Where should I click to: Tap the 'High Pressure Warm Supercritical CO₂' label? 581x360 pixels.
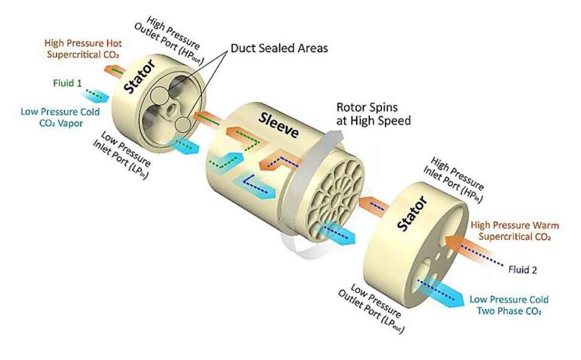(x=511, y=231)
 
